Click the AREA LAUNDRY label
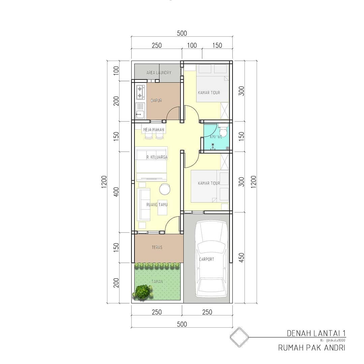point(158,73)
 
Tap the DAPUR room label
point(156,100)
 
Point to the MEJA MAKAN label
point(153,130)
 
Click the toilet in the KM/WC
point(223,130)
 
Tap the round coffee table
point(165,189)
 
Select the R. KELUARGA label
point(157,157)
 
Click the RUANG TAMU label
point(157,204)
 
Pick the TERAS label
point(157,247)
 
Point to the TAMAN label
point(157,281)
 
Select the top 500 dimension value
point(182,33)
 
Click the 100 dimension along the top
point(192,45)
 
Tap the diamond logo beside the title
point(239,337)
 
